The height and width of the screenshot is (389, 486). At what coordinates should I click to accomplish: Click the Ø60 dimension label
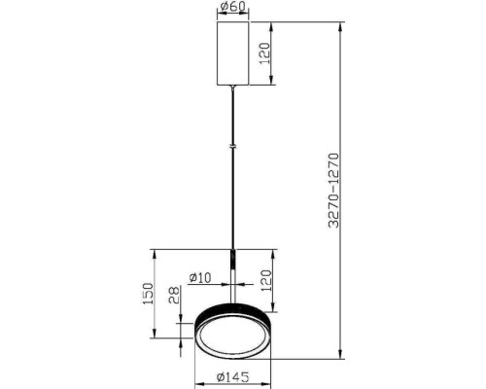click(x=232, y=6)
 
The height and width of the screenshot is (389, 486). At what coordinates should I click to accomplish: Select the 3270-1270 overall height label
click(x=333, y=191)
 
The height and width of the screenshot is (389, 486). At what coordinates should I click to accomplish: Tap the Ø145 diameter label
click(x=233, y=377)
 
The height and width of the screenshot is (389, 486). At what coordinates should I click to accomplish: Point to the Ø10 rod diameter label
click(x=200, y=277)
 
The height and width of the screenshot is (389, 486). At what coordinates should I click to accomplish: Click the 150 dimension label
click(x=148, y=294)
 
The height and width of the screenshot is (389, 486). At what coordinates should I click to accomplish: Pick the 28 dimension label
click(x=174, y=295)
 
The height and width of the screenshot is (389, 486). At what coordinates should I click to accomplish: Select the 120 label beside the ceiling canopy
click(x=264, y=53)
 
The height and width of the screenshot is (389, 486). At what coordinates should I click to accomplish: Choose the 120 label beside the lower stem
click(x=265, y=280)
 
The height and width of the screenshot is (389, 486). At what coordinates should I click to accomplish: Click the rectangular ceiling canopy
click(x=232, y=53)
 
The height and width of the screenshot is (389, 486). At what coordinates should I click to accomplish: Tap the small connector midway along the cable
click(x=232, y=147)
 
